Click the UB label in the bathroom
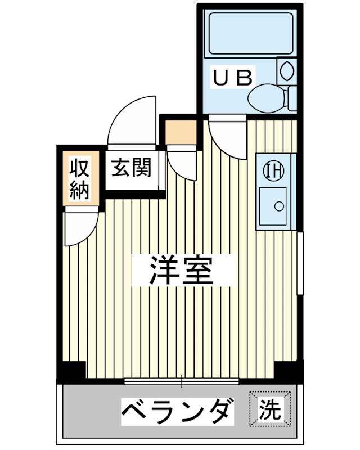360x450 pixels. (233, 77)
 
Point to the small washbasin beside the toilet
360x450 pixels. (286, 70)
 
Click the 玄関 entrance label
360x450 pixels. (131, 168)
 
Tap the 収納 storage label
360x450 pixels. (79, 179)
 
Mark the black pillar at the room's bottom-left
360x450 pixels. (72, 371)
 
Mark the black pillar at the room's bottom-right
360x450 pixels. (288, 371)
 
